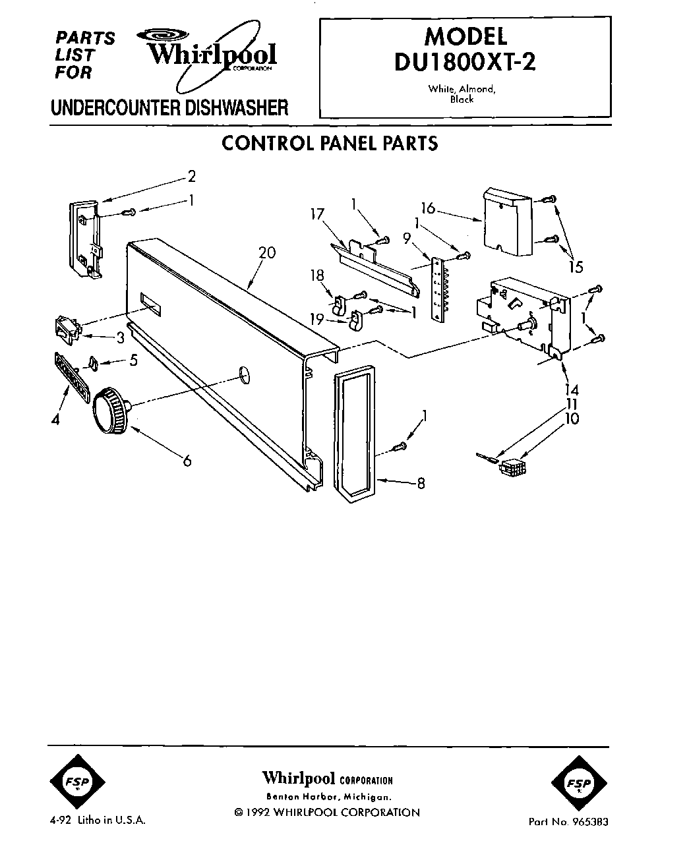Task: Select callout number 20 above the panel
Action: click(x=268, y=252)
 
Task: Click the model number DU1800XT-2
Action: click(x=465, y=61)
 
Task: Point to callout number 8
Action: click(x=421, y=484)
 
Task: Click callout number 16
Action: click(x=429, y=208)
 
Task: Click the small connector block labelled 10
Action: click(x=510, y=469)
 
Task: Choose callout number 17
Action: click(x=318, y=214)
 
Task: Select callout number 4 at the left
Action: click(x=56, y=418)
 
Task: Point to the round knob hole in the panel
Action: click(x=245, y=376)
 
